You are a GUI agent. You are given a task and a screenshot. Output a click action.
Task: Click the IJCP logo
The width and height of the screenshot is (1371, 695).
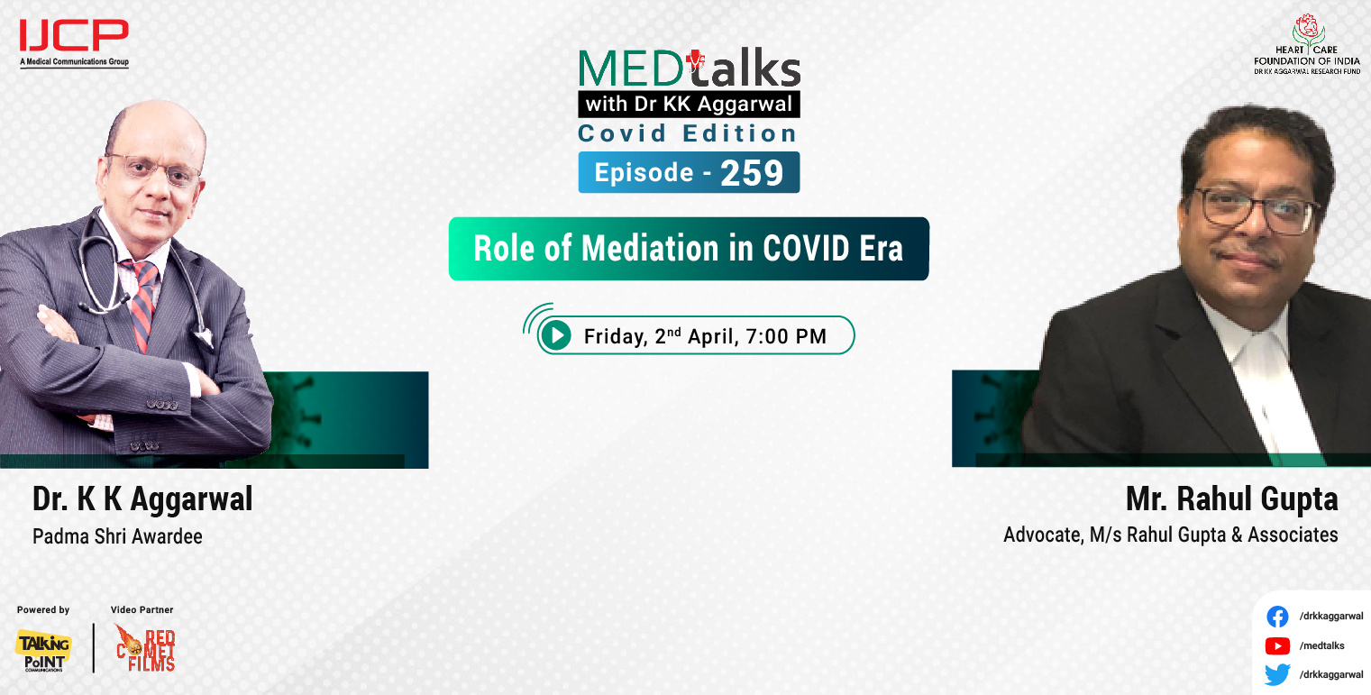coord(74,41)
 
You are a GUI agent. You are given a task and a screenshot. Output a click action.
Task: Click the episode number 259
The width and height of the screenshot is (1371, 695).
coord(752,173)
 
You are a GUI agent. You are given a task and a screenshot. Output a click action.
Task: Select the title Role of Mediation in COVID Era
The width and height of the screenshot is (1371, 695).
coord(688,249)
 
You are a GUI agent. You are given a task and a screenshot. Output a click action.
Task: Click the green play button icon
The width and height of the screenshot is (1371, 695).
coord(556,336)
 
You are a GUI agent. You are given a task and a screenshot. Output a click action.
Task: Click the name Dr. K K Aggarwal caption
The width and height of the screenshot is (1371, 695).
coord(142,498)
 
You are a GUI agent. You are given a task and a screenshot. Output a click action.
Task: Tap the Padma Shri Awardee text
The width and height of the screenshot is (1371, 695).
coord(117,536)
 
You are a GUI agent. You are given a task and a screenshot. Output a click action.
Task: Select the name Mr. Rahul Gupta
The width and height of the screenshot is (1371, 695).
coord(1231,498)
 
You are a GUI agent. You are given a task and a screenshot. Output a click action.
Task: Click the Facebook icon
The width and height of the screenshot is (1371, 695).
coord(1276,617)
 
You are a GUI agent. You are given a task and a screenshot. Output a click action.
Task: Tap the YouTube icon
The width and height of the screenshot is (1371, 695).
coord(1276,645)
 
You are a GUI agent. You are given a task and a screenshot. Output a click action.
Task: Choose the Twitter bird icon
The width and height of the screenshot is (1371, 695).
coord(1276,674)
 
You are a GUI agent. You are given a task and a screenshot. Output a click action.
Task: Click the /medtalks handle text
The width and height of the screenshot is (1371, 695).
coord(1321,645)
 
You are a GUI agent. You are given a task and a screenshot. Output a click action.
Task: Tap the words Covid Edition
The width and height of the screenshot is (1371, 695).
coord(688,133)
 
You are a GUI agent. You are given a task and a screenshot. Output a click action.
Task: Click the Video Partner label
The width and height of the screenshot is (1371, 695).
coord(142,610)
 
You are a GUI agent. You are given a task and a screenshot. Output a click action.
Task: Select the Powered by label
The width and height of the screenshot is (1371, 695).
coord(43,610)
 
